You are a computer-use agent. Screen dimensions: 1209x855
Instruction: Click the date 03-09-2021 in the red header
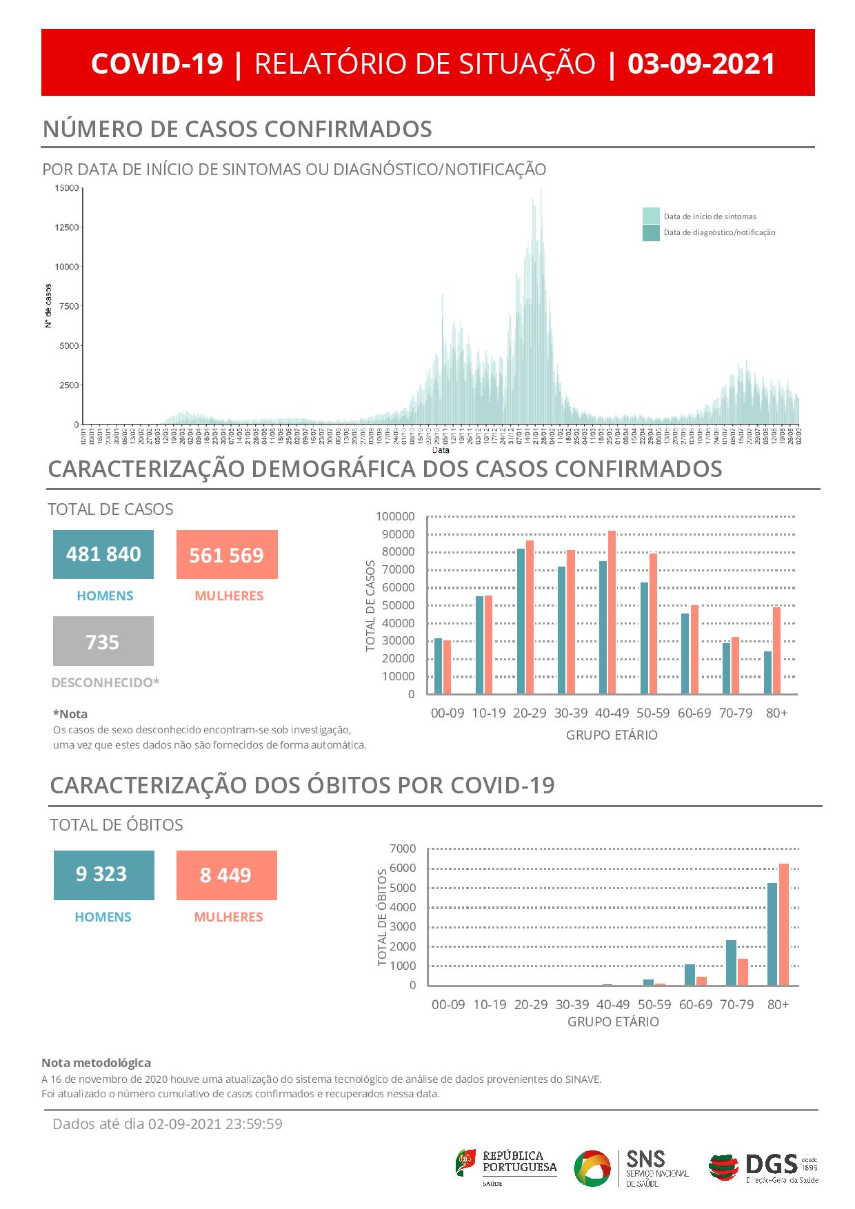pyautogui.click(x=701, y=63)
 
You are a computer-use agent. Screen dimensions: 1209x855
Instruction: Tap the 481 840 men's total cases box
pyautogui.click(x=103, y=554)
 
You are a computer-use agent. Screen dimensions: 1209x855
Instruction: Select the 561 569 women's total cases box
pyautogui.click(x=227, y=554)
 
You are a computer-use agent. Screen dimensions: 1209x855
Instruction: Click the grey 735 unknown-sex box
pyautogui.click(x=103, y=642)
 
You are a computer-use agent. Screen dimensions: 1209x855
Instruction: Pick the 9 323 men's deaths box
pyautogui.click(x=103, y=875)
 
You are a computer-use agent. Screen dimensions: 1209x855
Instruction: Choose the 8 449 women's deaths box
pyautogui.click(x=226, y=875)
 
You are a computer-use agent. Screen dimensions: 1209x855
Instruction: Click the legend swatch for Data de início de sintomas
pyautogui.click(x=651, y=216)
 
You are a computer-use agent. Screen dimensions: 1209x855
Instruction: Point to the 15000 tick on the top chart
pyautogui.click(x=67, y=188)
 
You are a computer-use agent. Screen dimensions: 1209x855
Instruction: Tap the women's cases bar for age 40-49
pyautogui.click(x=612, y=612)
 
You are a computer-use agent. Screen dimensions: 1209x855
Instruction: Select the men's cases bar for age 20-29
pyautogui.click(x=521, y=621)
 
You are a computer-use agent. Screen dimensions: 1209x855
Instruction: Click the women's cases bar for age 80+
pyautogui.click(x=776, y=650)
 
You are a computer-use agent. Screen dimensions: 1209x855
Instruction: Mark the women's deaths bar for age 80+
pyautogui.click(x=783, y=924)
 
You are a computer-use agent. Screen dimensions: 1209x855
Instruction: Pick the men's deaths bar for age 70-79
pyautogui.click(x=731, y=962)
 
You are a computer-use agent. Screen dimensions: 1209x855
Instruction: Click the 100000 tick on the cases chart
pyautogui.click(x=395, y=516)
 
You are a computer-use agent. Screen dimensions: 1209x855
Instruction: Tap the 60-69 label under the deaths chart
pyautogui.click(x=695, y=1004)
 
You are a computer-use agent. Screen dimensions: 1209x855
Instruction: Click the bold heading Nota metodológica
pyautogui.click(x=96, y=1063)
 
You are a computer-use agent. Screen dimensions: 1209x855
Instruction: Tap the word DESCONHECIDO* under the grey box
pyautogui.click(x=105, y=682)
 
